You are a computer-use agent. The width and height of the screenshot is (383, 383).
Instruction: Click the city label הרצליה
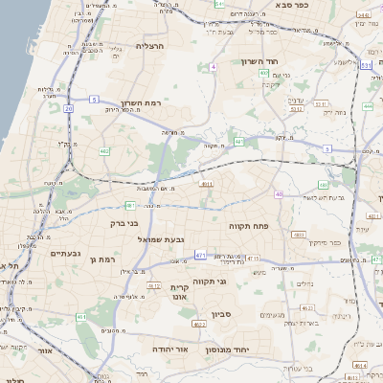(150, 45)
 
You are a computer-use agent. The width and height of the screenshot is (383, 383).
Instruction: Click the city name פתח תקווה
(275, 225)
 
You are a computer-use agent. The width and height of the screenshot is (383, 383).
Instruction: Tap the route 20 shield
(68, 108)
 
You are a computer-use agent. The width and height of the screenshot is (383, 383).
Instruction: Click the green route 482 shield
(103, 151)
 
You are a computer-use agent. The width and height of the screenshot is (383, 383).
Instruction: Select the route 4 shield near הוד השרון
(212, 67)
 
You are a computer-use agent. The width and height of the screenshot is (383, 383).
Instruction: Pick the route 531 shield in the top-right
(365, 65)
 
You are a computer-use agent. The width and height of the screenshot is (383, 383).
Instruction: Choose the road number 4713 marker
(253, 258)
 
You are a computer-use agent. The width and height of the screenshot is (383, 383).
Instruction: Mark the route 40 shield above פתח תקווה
(279, 194)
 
